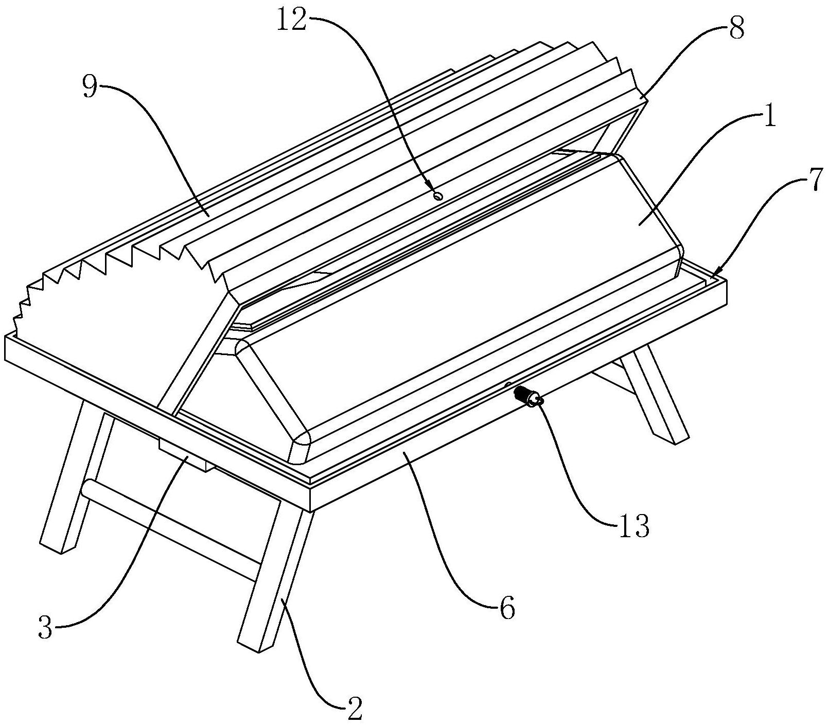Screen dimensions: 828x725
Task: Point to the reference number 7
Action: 814,183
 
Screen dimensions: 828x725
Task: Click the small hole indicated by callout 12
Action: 438,196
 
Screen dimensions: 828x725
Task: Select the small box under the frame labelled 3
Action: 184,453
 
